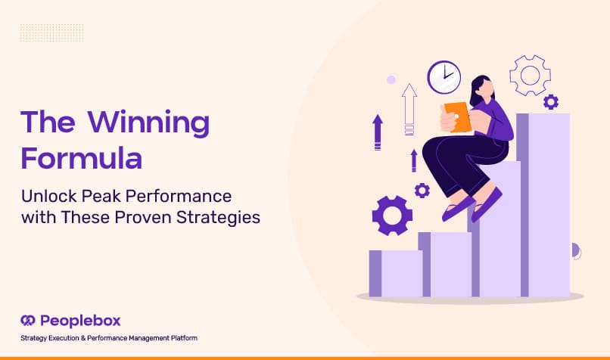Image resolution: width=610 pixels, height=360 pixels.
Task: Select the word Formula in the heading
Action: pyautogui.click(x=82, y=158)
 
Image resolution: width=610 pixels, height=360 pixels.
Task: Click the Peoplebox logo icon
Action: pyautogui.click(x=28, y=321)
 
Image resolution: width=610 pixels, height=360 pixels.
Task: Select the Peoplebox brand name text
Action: pyautogui.click(x=80, y=321)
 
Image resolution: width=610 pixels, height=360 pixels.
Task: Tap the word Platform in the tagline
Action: pyautogui.click(x=184, y=338)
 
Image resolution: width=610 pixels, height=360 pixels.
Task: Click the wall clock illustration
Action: pyautogui.click(x=444, y=77)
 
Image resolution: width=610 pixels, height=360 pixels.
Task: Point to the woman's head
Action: pyautogui.click(x=483, y=90)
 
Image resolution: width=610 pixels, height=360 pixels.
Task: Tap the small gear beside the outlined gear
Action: pyautogui.click(x=551, y=102)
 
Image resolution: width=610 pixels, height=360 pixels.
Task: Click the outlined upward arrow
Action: pyautogui.click(x=409, y=109)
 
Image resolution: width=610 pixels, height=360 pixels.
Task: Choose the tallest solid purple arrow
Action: pyautogui.click(x=378, y=132)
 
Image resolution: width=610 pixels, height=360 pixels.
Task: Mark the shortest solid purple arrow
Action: pyautogui.click(x=414, y=160)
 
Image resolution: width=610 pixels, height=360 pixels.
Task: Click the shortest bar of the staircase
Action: pyautogui.click(x=396, y=274)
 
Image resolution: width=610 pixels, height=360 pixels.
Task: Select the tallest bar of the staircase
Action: pyautogui.click(x=543, y=205)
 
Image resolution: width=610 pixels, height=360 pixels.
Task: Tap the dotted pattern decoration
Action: pyautogui.click(x=51, y=33)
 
